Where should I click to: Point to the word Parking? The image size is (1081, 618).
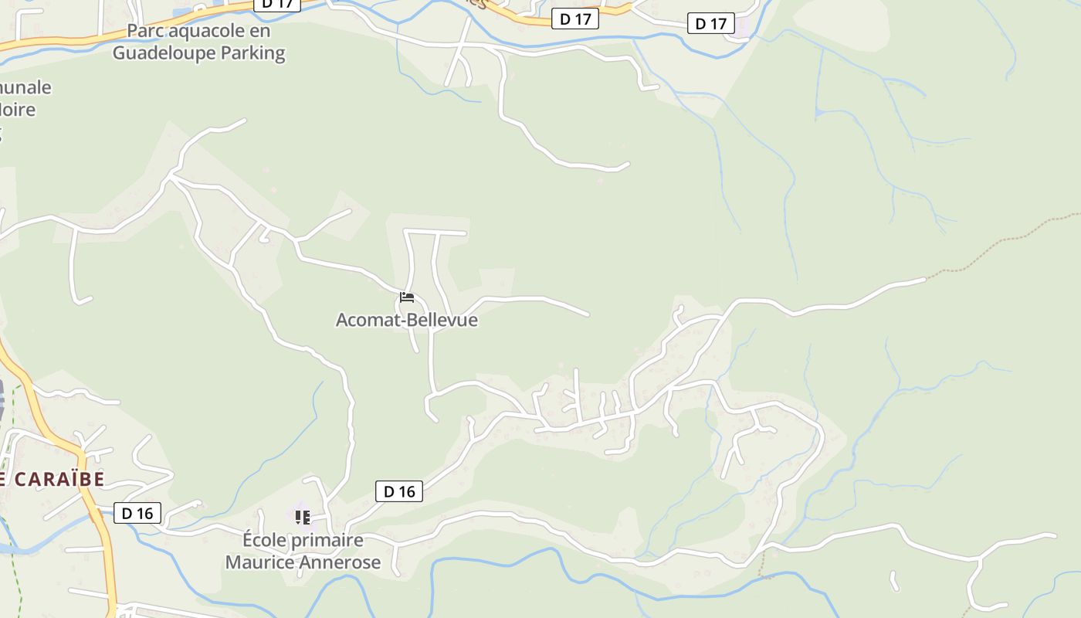(253, 53)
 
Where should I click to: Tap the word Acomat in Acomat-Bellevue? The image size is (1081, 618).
(369, 320)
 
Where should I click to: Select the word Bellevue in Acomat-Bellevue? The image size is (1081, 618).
(443, 320)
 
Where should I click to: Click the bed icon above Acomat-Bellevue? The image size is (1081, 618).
(407, 297)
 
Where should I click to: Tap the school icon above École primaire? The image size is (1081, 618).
(302, 516)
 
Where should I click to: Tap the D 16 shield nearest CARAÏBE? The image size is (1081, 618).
(137, 513)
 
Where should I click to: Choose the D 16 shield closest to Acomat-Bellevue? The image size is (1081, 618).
(399, 491)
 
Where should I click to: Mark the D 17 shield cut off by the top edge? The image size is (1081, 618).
(277, 4)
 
